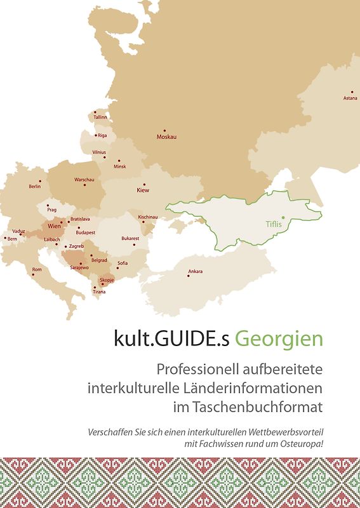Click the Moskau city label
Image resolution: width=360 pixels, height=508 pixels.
166,137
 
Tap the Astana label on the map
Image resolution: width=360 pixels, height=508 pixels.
350,98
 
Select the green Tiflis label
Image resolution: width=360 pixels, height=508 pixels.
274,224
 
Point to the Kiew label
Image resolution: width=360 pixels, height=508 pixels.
143,190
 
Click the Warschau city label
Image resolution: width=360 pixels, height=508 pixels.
84,180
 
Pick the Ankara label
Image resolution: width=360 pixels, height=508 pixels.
196,272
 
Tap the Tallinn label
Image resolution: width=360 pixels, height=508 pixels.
100,117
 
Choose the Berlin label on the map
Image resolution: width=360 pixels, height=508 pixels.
35,187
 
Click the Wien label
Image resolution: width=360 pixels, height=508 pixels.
54,226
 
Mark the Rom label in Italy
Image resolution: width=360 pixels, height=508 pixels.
37,269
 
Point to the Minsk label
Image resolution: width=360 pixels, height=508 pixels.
120,167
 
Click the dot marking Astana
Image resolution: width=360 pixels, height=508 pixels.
352,91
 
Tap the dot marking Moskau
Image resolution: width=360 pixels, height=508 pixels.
164,130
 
